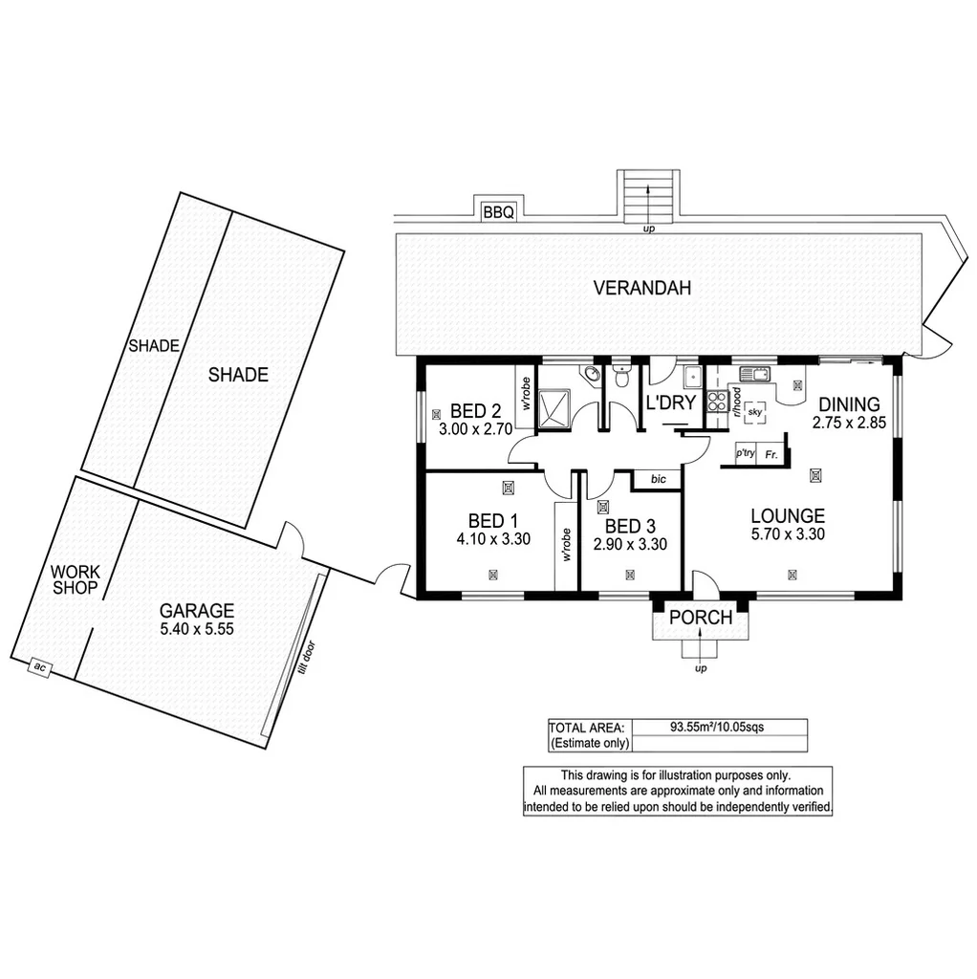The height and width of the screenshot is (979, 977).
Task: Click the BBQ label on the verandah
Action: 497,212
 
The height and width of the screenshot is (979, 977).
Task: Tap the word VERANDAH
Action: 641,288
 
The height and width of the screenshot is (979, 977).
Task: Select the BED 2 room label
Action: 469,412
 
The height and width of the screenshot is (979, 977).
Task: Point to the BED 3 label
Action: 630,526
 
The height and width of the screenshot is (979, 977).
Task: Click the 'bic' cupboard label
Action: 657,478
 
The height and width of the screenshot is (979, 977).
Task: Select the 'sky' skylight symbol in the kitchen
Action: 755,410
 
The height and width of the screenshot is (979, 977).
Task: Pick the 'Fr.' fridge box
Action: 771,455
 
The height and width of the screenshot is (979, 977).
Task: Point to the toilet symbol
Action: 621,378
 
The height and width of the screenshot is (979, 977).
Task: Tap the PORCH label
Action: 700,619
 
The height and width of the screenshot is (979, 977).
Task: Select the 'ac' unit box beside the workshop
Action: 40,668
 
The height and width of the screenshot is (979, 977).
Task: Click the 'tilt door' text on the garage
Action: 305,659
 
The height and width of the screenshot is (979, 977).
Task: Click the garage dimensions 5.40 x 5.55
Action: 197,629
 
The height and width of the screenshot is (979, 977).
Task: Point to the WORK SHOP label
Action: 75,579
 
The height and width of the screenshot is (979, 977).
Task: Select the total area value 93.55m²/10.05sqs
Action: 716,727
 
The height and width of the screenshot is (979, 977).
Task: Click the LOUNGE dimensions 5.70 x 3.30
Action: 788,534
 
